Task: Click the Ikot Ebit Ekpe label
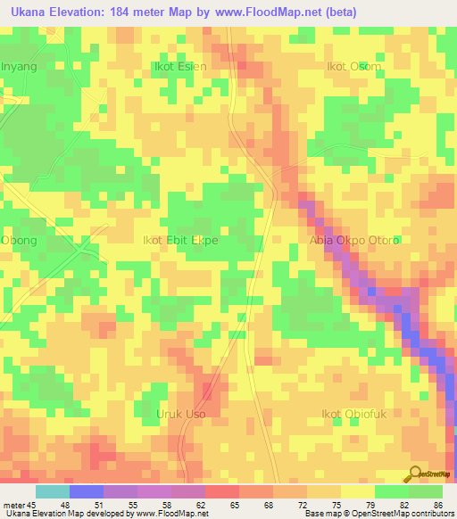[181, 241]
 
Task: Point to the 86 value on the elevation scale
[437, 505]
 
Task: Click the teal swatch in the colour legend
[52, 491]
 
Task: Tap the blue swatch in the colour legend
[86, 491]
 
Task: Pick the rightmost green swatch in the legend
[426, 491]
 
